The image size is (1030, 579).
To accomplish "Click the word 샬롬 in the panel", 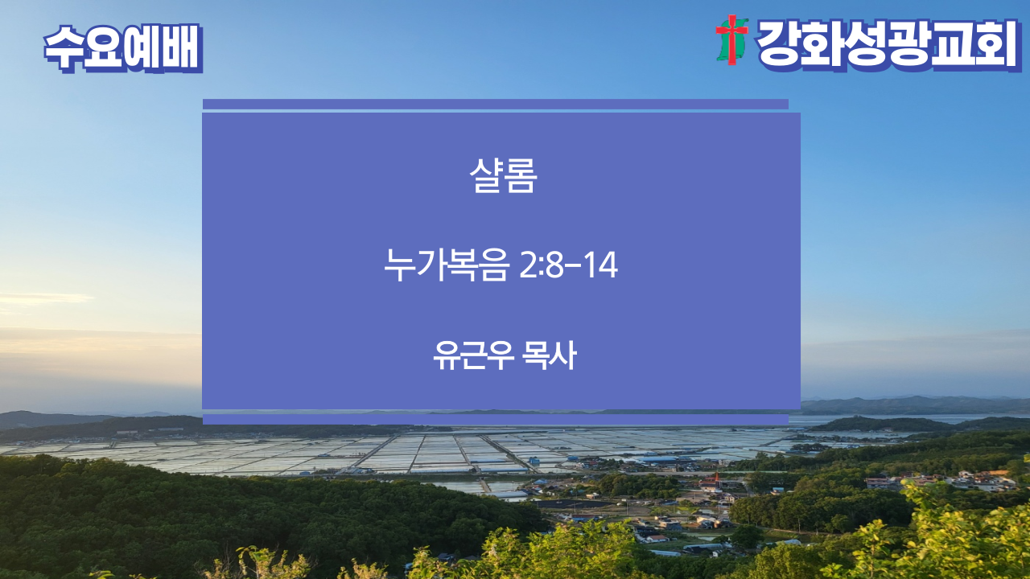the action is click(x=503, y=175).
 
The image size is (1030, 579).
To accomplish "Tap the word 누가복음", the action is click(x=447, y=265).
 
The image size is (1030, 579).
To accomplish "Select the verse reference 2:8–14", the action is click(x=568, y=265).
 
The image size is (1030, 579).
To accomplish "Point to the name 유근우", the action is click(x=473, y=355).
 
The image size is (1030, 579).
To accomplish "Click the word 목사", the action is click(x=550, y=355).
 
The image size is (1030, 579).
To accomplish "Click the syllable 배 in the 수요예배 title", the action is click(x=182, y=47).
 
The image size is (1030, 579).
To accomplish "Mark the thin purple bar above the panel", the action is click(x=496, y=105).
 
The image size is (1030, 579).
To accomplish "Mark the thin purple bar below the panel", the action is click(x=496, y=419).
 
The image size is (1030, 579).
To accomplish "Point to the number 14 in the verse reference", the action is click(x=601, y=265).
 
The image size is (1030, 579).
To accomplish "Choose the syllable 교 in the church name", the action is click(x=951, y=44).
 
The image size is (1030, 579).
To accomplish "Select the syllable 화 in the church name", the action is click(x=822, y=44).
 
